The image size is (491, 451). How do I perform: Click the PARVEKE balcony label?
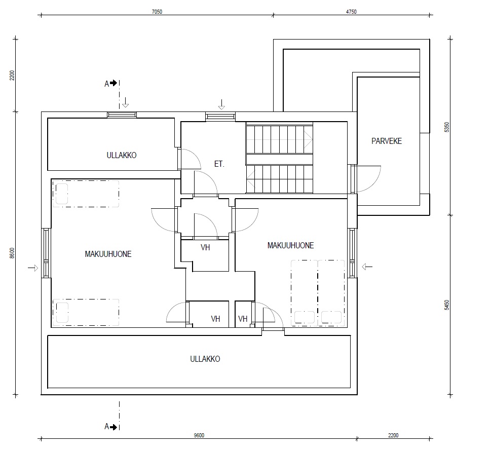[x=387, y=141]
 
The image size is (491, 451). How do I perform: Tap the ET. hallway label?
[x=219, y=164]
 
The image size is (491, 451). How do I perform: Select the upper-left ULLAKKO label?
[x=122, y=155]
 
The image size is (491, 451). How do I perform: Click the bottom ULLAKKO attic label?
[x=205, y=359]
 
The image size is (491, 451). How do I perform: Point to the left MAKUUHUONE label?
[x=108, y=254]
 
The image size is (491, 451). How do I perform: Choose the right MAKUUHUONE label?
[x=290, y=245]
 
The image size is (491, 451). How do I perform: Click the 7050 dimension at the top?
[x=157, y=12]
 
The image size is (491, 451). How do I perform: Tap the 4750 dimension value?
[x=351, y=12]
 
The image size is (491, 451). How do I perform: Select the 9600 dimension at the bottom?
[x=199, y=435]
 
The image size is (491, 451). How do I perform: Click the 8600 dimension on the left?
[x=12, y=253]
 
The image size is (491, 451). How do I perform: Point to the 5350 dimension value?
[x=447, y=127]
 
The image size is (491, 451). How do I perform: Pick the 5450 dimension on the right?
[x=447, y=305]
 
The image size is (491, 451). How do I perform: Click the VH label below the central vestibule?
[x=205, y=247]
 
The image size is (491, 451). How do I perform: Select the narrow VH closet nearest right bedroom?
[x=243, y=319]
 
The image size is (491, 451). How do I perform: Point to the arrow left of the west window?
[x=33, y=268]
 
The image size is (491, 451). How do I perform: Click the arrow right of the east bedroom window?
[x=367, y=267]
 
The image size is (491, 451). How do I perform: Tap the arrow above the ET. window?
[x=221, y=104]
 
